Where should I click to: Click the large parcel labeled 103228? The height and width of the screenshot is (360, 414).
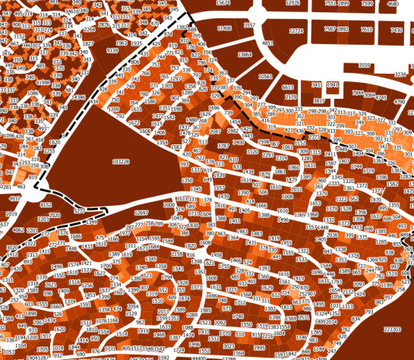120,162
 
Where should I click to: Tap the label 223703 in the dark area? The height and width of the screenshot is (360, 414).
392,330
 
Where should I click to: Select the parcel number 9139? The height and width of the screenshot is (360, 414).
112,51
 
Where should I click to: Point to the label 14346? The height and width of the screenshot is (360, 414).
78,97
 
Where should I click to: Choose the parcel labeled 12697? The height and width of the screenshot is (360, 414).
141,213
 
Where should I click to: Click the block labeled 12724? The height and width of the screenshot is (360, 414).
296,31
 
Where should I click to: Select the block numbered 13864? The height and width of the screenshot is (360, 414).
245,55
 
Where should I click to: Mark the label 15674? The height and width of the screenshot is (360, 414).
223,3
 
